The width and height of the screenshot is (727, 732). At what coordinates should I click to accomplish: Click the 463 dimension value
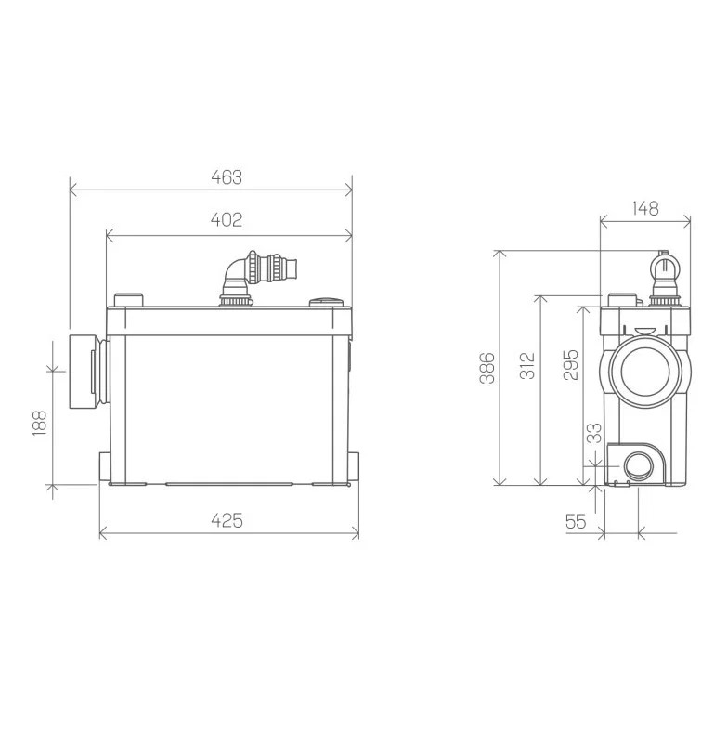tap(227, 177)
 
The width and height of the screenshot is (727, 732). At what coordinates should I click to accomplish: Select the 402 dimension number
tap(227, 219)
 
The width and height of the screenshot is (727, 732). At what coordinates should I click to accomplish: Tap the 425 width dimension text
tap(227, 520)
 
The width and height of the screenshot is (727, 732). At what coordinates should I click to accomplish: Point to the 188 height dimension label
tap(40, 424)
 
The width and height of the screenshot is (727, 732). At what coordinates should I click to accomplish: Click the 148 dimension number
tap(645, 208)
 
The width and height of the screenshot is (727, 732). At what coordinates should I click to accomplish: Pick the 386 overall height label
tap(487, 368)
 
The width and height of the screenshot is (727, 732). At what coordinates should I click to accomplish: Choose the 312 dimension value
tap(527, 366)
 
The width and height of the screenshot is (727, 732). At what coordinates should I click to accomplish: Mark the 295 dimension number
tap(571, 364)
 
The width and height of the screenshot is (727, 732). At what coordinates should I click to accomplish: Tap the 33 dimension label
tap(594, 433)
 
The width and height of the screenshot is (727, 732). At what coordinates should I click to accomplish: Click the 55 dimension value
tap(576, 521)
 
